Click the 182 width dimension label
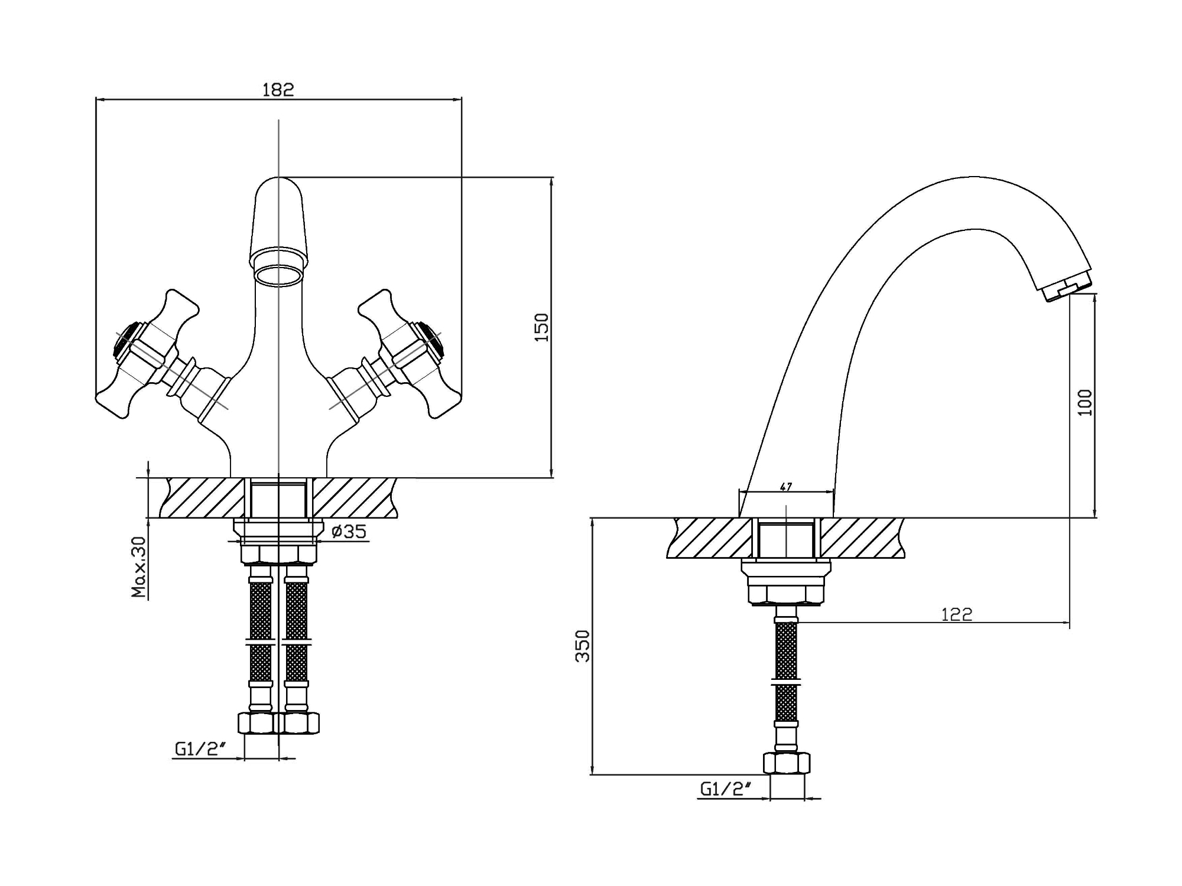278,90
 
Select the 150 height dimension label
541,327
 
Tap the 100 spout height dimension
1085,402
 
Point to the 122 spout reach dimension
956,615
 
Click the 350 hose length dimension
583,646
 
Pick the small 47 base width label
786,487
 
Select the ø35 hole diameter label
349,532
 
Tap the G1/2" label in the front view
201,749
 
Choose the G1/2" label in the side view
726,789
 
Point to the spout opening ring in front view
278,276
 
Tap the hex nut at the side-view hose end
787,763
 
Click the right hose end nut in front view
300,723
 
